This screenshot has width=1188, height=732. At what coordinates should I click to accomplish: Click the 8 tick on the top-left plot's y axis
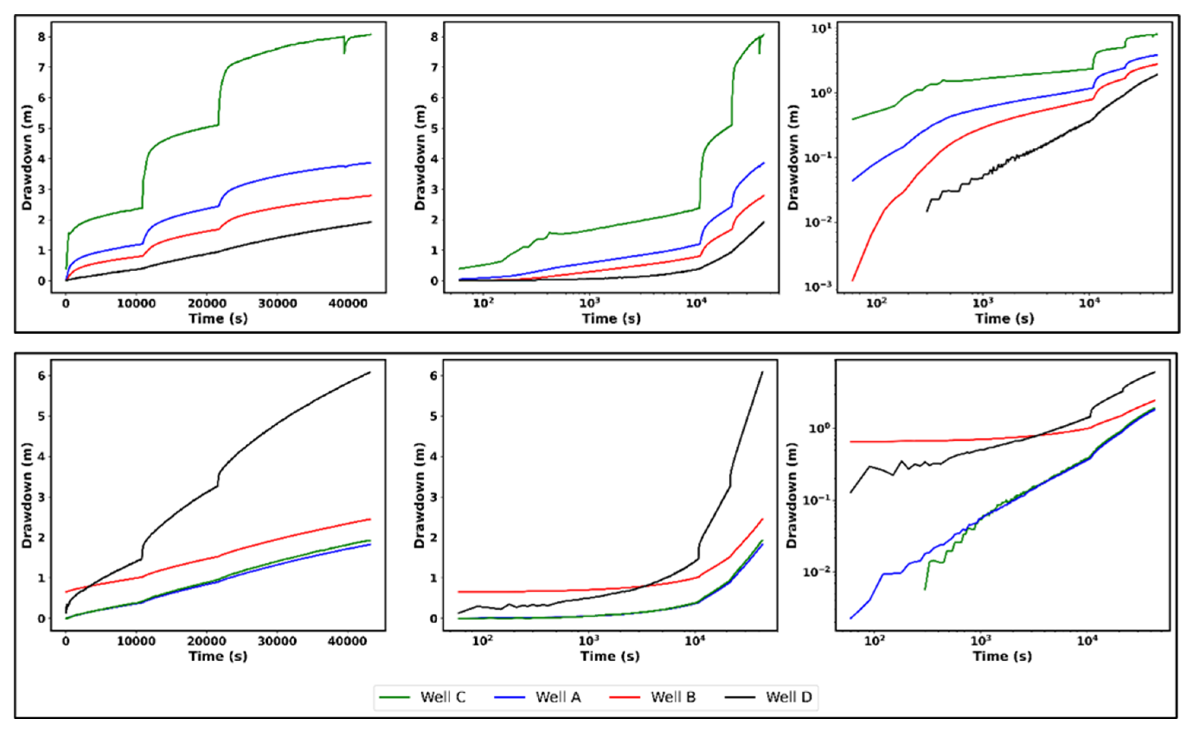(x=42, y=37)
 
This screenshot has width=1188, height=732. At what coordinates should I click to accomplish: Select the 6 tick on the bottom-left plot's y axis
(x=42, y=375)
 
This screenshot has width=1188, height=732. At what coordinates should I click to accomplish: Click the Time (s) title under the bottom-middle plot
(x=610, y=656)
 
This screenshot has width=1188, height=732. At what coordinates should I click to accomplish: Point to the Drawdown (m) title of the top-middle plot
(x=419, y=157)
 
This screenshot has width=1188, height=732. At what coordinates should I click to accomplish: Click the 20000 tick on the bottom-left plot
(x=206, y=642)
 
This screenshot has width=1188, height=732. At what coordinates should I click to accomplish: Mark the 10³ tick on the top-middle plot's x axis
(x=590, y=304)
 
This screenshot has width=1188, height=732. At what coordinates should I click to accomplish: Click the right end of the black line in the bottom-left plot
(x=370, y=372)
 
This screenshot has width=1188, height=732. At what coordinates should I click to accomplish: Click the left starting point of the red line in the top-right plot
(x=852, y=280)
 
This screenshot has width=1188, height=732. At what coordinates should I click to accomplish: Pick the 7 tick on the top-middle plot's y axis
(x=435, y=67)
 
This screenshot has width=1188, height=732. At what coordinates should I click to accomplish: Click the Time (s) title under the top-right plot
(x=1004, y=319)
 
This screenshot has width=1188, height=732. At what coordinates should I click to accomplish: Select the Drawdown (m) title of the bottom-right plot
(x=793, y=495)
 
